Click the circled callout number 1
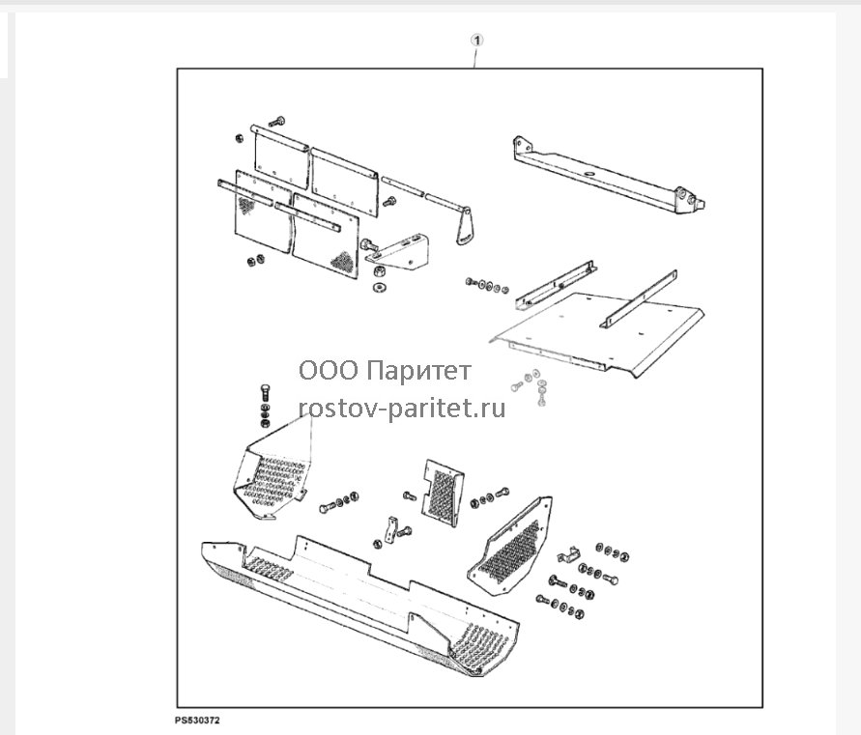tap(477, 40)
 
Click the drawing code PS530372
tap(197, 721)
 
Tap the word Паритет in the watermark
tap(418, 371)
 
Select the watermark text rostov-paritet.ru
tap(401, 409)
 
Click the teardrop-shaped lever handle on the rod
tap(465, 226)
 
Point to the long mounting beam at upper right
tap(609, 175)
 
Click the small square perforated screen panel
tap(443, 493)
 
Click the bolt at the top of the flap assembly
tap(276, 121)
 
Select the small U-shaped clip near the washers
tap(569, 555)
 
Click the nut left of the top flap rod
tap(240, 138)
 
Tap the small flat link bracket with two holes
tap(391, 528)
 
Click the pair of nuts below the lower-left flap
tap(255, 260)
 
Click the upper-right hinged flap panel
tap(345, 182)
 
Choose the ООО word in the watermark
tap(329, 371)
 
